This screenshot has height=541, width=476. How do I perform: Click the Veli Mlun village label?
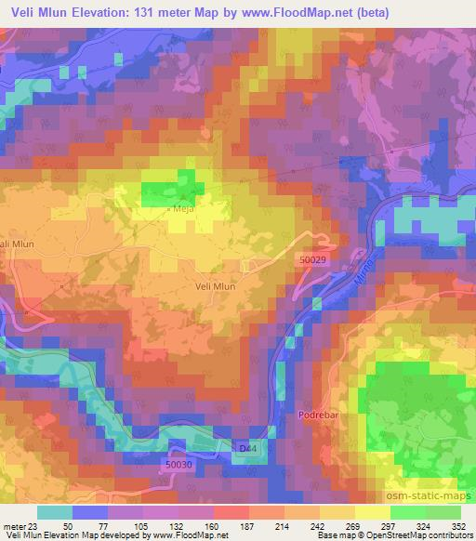pos(216,286)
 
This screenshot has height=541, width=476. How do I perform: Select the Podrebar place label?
pos(315,416)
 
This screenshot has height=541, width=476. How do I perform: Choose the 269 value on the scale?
pos(352,526)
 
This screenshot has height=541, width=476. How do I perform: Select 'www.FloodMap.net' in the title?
pos(284,11)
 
